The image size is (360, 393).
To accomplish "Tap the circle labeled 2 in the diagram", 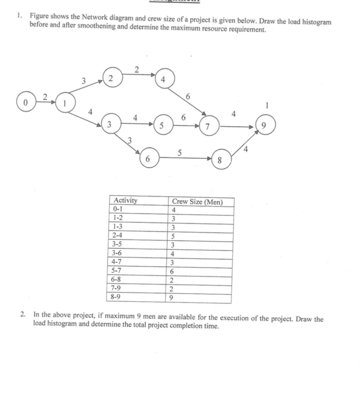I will [x=112, y=78].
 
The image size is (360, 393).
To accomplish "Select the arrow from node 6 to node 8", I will [x=185, y=158].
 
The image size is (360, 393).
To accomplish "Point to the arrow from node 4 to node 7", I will [x=190, y=102].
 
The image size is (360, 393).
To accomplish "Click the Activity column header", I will [x=125, y=201].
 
